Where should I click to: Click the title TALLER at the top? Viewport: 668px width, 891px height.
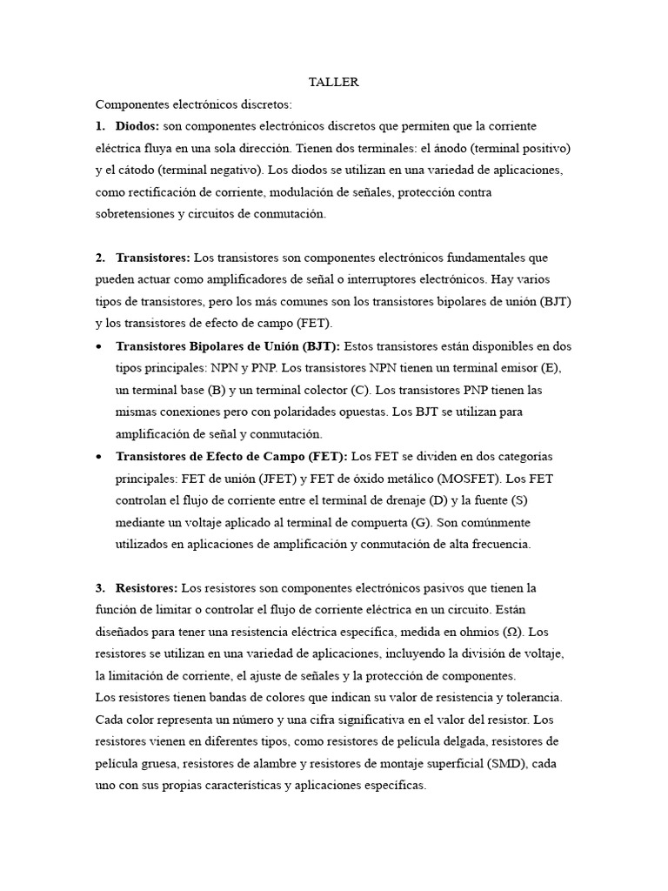[334, 82]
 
